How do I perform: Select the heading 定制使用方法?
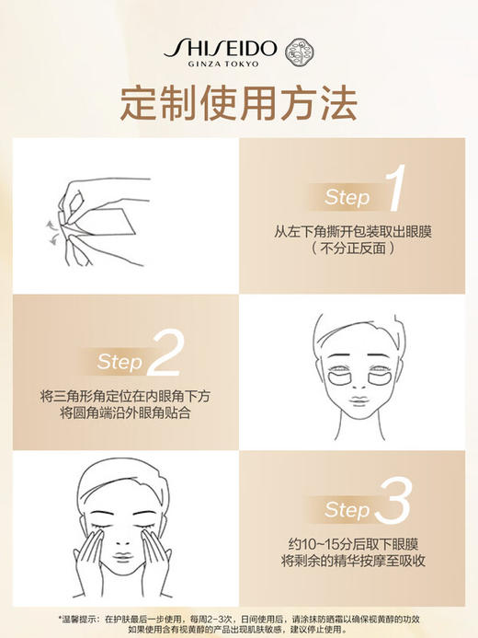238,105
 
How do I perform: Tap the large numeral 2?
165,356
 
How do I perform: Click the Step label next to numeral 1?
347,197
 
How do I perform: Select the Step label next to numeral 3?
347,510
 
